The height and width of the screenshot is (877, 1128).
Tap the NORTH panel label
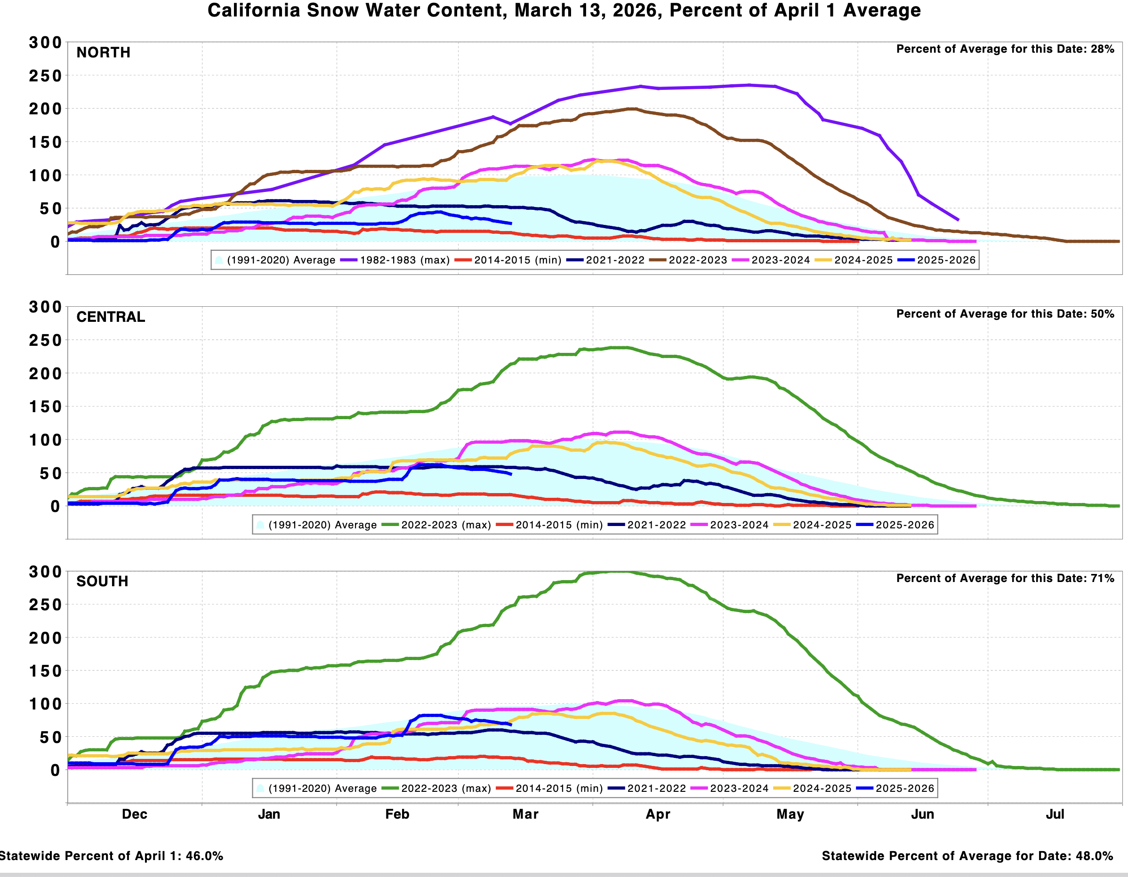(x=103, y=52)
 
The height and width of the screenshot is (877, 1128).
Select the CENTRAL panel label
(x=111, y=317)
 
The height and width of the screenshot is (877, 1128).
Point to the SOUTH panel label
(x=102, y=581)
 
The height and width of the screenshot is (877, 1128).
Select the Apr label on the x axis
(x=658, y=814)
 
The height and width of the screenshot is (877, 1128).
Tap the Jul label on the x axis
(x=1055, y=814)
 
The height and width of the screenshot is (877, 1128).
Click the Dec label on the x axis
(x=134, y=814)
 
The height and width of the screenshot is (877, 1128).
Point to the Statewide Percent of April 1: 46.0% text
(x=111, y=856)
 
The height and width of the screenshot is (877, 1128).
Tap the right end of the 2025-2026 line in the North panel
(x=511, y=223)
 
